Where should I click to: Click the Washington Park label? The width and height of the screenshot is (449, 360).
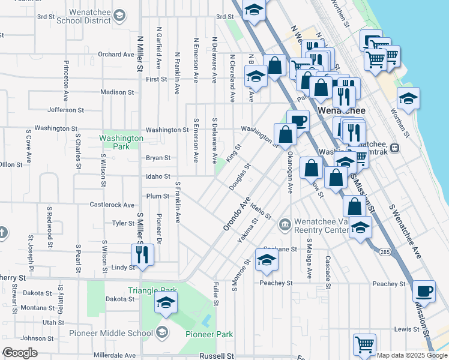tap(121, 142)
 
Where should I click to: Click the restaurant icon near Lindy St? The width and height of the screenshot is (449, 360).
tap(143, 254)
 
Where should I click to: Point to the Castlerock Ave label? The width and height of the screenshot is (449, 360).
tap(112, 205)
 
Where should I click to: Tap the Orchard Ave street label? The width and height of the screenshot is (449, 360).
tap(116, 54)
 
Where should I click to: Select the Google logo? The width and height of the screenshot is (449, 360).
tap(20, 353)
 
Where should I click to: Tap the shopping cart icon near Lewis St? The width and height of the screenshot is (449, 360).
tap(364, 344)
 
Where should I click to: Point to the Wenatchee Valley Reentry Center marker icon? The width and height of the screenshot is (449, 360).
tap(285, 224)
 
